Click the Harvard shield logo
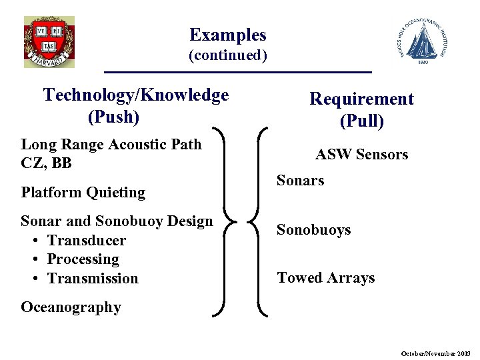coord(49,41)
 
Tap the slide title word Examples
coord(227,35)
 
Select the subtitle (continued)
coord(227,55)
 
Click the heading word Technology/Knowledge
coord(136,95)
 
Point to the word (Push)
coord(113,117)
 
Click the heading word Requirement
coord(361,99)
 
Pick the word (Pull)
coord(361,121)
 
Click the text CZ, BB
coord(46,163)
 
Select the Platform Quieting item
coord(83,193)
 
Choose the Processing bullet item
coord(83,259)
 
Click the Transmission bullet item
coord(93,278)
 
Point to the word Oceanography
coord(71,307)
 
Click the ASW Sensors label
coord(361,155)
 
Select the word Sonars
coord(300,181)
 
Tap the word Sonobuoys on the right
coord(313,230)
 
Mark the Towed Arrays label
coord(325,278)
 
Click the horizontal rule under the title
coord(237,71)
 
